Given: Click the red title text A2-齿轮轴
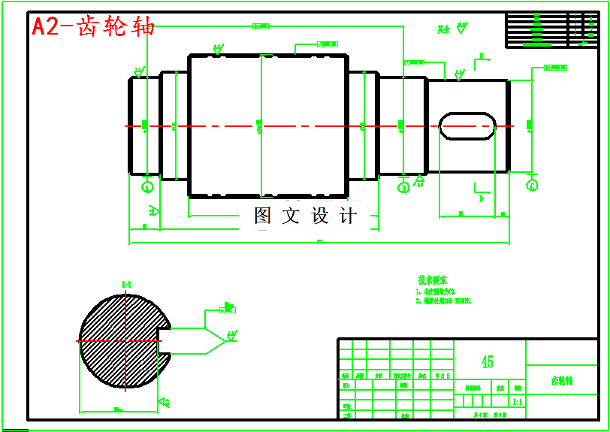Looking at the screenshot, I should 93,27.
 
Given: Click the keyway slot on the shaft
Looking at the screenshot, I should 467,125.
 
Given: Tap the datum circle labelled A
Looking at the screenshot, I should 147,186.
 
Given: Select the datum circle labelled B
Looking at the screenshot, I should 403,186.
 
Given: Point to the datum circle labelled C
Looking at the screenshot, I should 533,184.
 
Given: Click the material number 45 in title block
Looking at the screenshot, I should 487,362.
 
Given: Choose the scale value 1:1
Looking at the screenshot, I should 517,403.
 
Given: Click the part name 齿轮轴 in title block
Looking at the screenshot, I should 561,381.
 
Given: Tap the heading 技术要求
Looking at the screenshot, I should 433,280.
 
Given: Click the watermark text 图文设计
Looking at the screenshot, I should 305,216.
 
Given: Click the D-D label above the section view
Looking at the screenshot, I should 127,284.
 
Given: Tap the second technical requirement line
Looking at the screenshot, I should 443,301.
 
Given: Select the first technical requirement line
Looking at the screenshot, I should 436,291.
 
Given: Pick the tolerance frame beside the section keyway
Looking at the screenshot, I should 228,308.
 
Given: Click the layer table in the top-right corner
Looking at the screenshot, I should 551,29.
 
